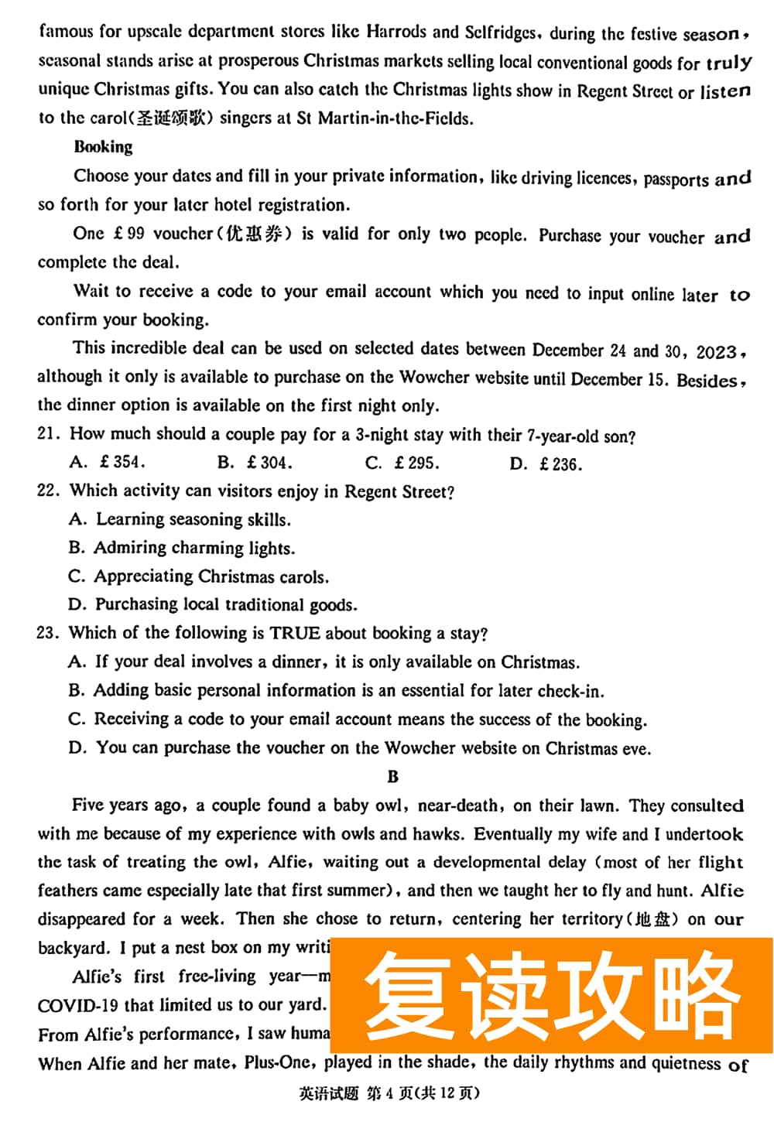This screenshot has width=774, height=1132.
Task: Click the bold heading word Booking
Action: coord(103,147)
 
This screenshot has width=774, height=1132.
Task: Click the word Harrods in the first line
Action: coord(396,32)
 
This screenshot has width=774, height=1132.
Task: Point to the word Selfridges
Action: coord(500,32)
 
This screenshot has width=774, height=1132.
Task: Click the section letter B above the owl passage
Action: coord(392,777)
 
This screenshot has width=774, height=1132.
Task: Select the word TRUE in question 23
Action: coord(294,633)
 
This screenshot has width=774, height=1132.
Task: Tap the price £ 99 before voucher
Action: coord(128,234)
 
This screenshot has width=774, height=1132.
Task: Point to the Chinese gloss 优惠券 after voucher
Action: coord(253,234)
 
